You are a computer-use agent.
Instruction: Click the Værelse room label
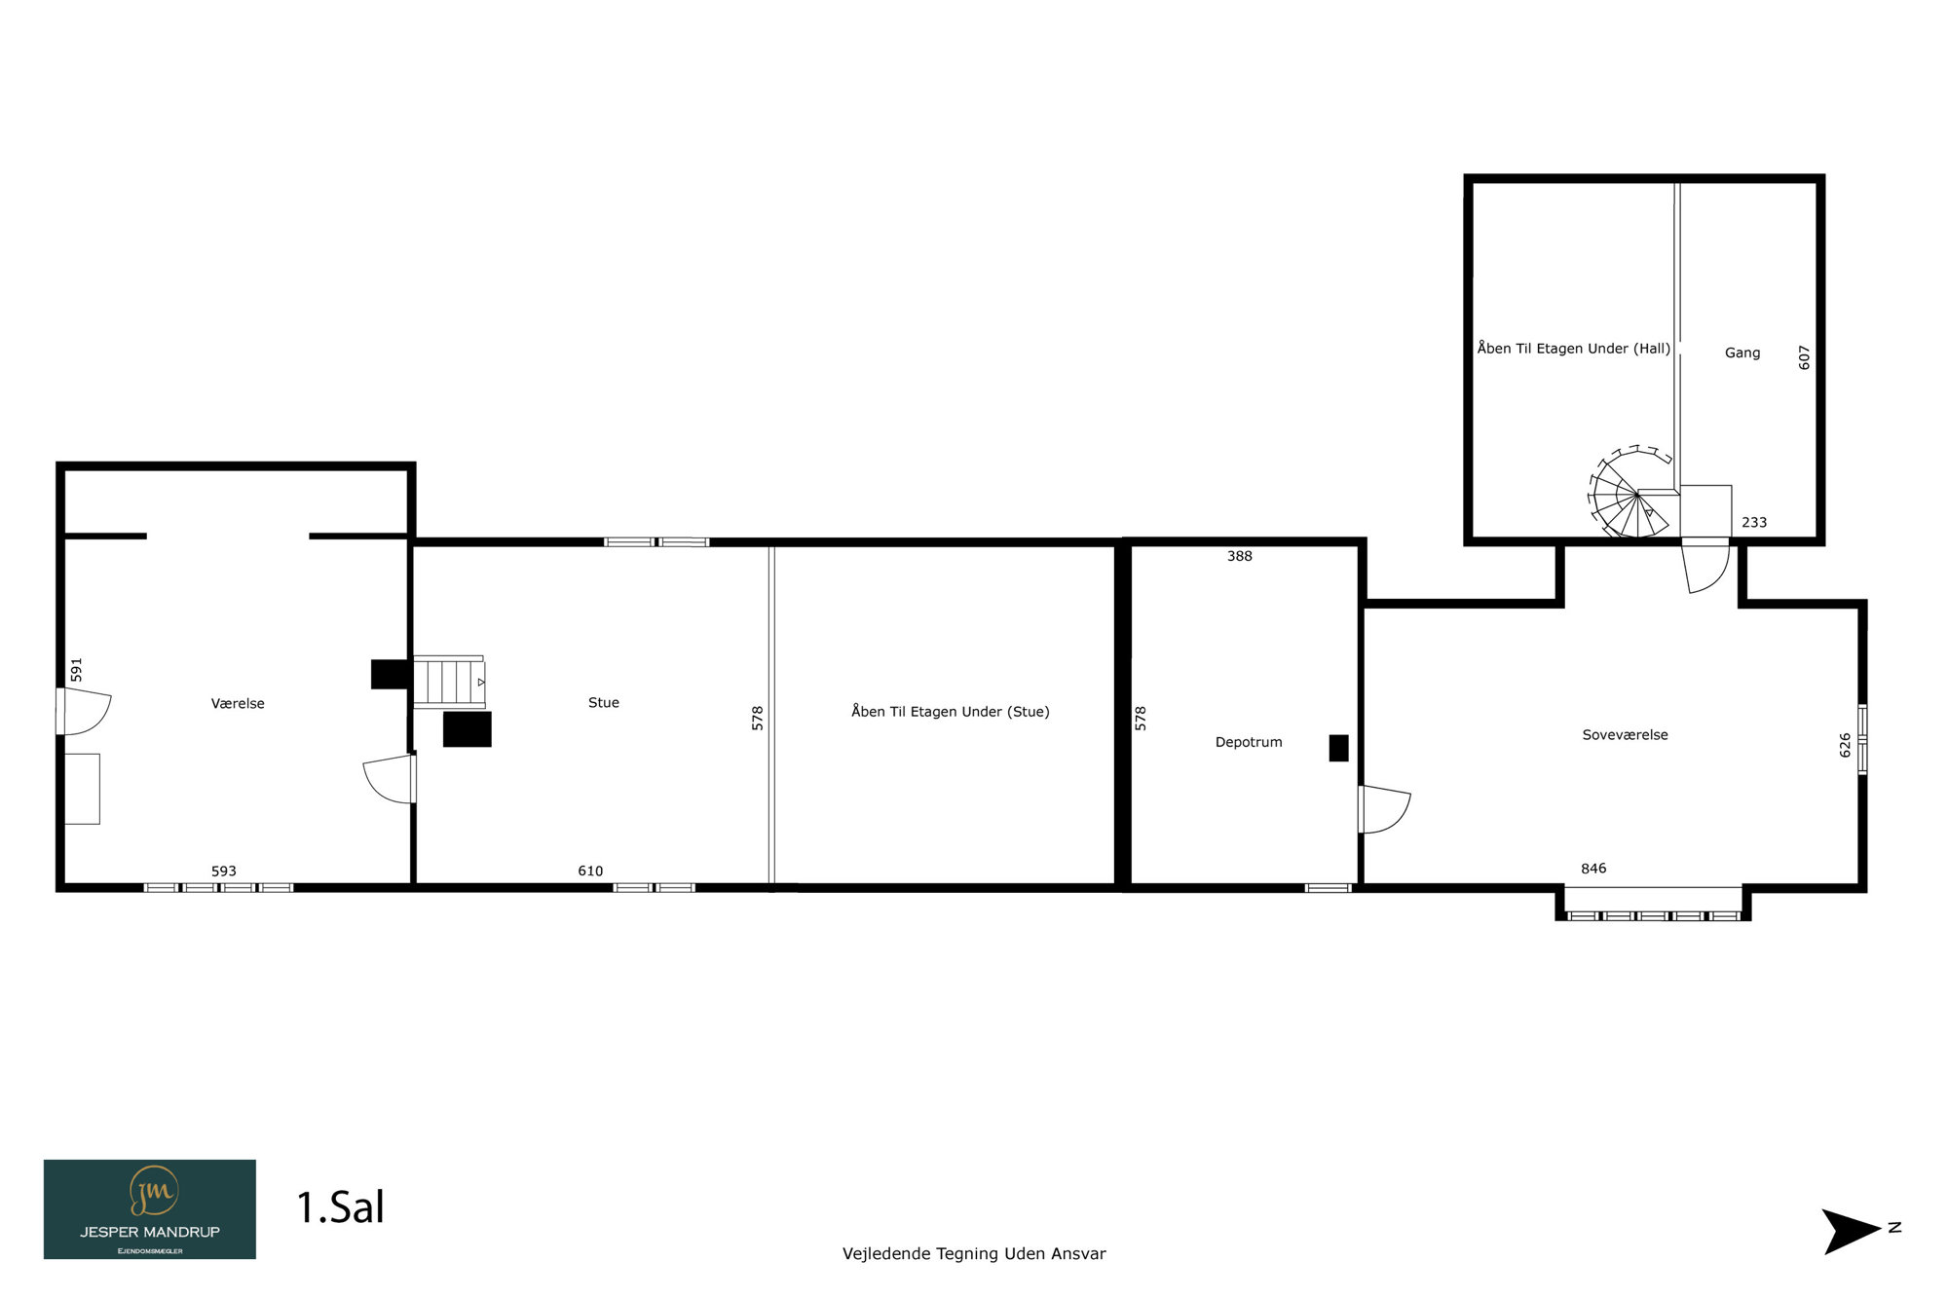238,703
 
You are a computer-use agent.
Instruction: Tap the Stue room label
604,702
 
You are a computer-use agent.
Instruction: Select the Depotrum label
1249,742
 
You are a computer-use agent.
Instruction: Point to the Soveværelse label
1625,735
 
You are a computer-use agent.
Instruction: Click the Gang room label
1742,352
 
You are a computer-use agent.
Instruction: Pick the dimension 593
224,871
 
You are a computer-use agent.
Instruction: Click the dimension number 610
590,871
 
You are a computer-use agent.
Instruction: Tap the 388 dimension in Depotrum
1240,556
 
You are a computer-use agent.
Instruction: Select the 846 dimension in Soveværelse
1593,869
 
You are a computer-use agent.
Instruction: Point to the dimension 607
1804,357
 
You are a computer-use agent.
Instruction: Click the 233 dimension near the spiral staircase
1754,522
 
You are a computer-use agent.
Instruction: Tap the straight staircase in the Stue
449,682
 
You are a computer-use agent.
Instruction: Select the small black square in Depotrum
1339,748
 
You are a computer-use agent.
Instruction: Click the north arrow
1851,1231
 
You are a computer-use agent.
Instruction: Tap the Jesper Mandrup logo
150,1208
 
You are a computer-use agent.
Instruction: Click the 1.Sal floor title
340,1207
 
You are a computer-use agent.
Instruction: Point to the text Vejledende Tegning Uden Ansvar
974,1254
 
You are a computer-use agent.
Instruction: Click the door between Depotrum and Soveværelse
1383,809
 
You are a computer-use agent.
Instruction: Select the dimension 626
1845,745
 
